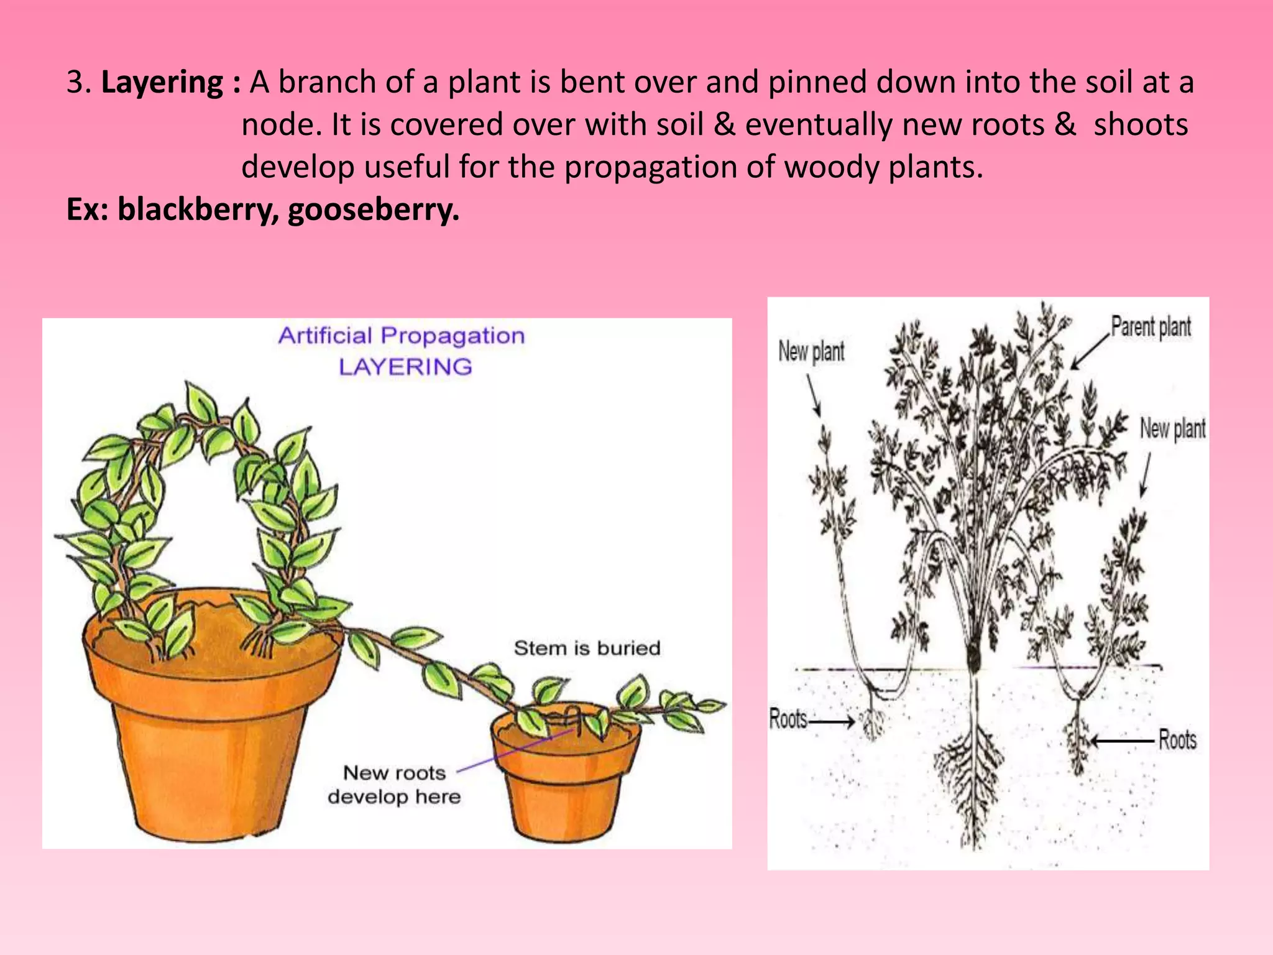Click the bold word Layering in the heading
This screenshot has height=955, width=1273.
pos(162,83)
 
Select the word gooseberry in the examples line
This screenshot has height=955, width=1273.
pos(373,210)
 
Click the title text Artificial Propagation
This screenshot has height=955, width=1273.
pos(402,336)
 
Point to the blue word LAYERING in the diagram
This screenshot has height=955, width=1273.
pos(405,367)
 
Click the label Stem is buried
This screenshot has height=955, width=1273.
pos(587,648)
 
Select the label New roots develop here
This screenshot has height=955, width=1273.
pos(394,785)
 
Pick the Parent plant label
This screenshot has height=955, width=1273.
pos(1151,326)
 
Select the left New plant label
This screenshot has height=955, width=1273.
pos(811,352)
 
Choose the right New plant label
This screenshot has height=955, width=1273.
pos(1172,428)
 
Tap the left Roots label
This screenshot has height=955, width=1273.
pos(788,719)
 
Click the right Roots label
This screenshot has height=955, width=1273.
pos(1177,740)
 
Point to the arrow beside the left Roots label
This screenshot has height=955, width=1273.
pos(832,722)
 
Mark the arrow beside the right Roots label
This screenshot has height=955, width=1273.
pos(1123,740)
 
